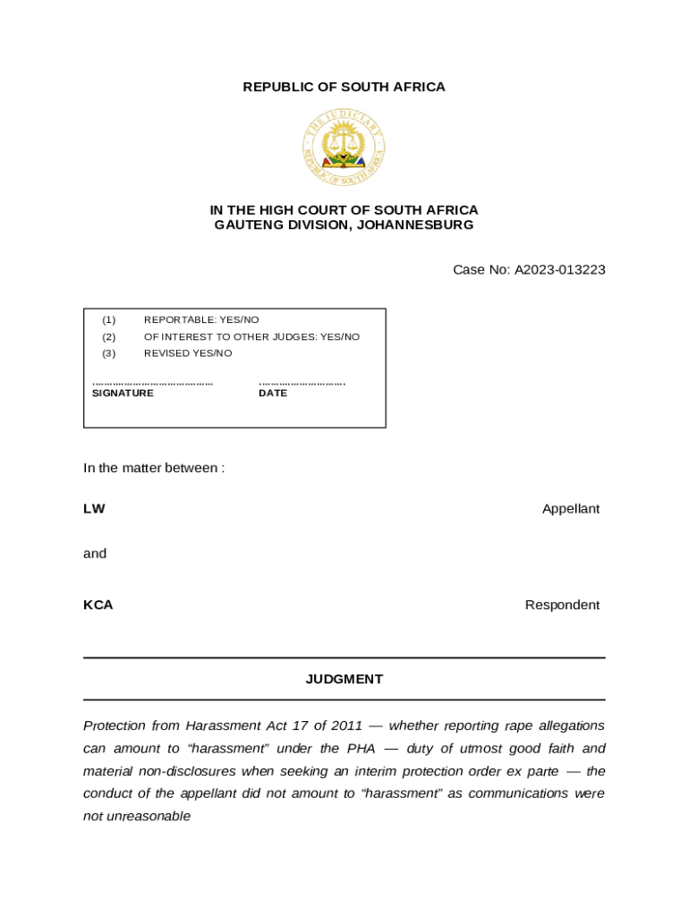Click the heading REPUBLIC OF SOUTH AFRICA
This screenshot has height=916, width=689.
[x=344, y=87]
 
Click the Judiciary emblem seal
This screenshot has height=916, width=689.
[x=344, y=148]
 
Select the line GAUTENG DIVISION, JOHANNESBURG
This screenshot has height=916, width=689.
[x=344, y=225]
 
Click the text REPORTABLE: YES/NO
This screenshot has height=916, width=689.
[x=201, y=319]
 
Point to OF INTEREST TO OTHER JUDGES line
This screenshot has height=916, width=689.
[x=251, y=336]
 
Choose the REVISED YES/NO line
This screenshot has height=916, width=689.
[x=187, y=353]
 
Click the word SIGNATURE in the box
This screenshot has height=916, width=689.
[x=123, y=393]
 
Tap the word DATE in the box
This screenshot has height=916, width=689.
[x=273, y=393]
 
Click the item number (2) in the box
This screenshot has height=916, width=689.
[x=108, y=336]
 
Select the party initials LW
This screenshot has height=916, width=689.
[x=94, y=509]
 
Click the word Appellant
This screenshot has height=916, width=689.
[x=570, y=509]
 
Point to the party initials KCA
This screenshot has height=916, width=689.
[x=98, y=605]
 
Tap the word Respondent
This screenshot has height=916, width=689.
[x=562, y=605]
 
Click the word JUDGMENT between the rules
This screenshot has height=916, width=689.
[x=344, y=679]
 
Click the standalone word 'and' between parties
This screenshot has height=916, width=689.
[x=95, y=554]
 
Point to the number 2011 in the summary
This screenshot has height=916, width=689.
[x=346, y=725]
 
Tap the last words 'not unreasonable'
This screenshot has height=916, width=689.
[x=137, y=817]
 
